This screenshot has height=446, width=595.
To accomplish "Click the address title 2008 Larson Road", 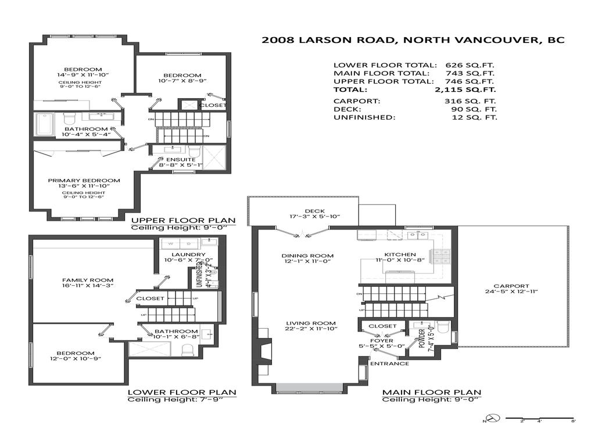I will pos(413,40).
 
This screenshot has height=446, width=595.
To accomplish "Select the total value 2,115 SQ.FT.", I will pos(465,90).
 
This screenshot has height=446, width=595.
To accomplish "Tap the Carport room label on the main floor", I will pos(511,286).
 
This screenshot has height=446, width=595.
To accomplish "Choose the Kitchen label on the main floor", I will pos(400,254).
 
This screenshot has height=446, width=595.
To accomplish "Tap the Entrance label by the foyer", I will pos(389,364).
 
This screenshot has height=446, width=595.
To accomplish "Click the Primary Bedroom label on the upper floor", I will pos(84,180).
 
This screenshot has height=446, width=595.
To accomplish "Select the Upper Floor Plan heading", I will pos(183,220).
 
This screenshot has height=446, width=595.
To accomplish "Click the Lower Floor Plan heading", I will pos(182,392).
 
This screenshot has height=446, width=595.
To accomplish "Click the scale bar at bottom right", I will pos(540,418).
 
